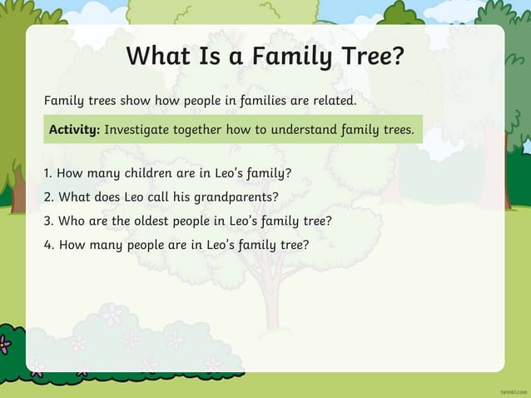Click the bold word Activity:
coord(74,130)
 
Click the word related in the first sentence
coord(332,101)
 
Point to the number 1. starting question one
coord(48,174)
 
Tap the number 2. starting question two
coord(49,197)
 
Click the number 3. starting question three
coord(49,221)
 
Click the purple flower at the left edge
coord(4,343)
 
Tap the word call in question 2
coord(162,197)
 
